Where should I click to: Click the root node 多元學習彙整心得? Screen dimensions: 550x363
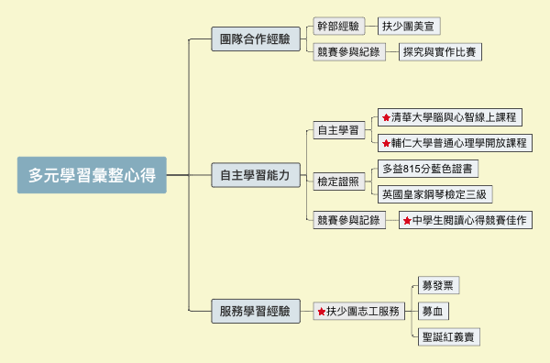pos(92,174)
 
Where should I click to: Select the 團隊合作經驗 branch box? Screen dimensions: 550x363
pos(255,39)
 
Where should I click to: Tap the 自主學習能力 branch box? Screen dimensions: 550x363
pos(255,174)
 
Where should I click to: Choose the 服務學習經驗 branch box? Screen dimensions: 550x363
pos(255,312)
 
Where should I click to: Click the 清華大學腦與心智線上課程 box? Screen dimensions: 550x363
pos(449,117)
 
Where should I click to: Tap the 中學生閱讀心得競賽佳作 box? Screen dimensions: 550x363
pos(465,220)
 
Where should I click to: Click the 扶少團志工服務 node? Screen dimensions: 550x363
pos(358,312)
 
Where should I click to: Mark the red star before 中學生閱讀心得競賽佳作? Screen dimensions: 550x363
pos(406,221)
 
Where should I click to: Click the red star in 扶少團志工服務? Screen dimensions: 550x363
pos(321,313)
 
